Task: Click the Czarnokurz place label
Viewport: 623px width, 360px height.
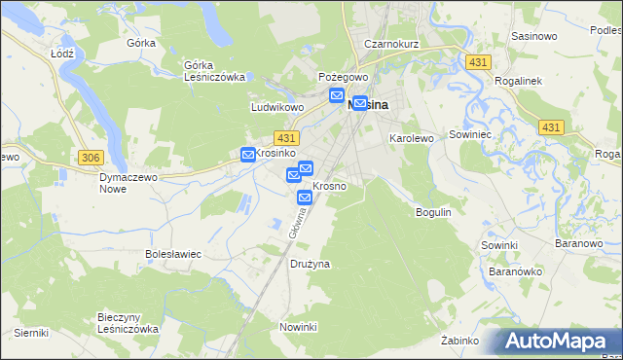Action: point(389,44)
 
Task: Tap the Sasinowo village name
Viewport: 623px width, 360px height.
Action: point(532,36)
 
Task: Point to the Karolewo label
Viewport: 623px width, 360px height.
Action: point(411,139)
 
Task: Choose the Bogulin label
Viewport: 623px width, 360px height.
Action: point(433,211)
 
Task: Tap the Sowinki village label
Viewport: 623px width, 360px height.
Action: point(498,245)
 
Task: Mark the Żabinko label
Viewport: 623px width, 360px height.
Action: point(459,341)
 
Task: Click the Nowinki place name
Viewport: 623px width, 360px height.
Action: point(299,326)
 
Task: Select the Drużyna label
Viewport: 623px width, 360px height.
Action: point(311,264)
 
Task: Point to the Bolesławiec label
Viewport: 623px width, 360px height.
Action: point(172,254)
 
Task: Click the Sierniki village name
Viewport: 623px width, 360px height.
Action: point(31,333)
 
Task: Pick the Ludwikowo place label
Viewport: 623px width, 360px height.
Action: point(277,107)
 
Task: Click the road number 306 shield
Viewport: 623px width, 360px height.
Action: point(91,157)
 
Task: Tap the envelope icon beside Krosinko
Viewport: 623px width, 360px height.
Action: point(248,154)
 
